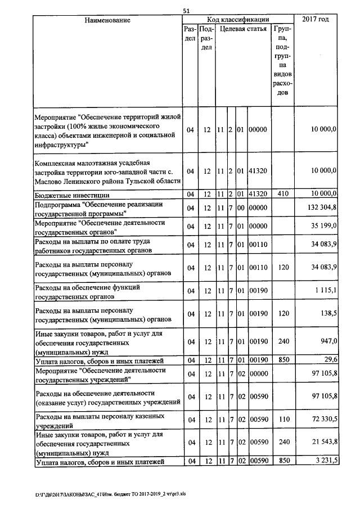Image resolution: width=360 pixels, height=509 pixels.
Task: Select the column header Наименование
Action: coord(107,20)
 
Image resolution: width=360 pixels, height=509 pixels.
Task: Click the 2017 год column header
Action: coord(316,20)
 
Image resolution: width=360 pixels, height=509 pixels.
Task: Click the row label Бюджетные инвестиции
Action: coord(71,194)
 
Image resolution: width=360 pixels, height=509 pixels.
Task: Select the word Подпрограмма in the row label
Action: coord(57,204)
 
